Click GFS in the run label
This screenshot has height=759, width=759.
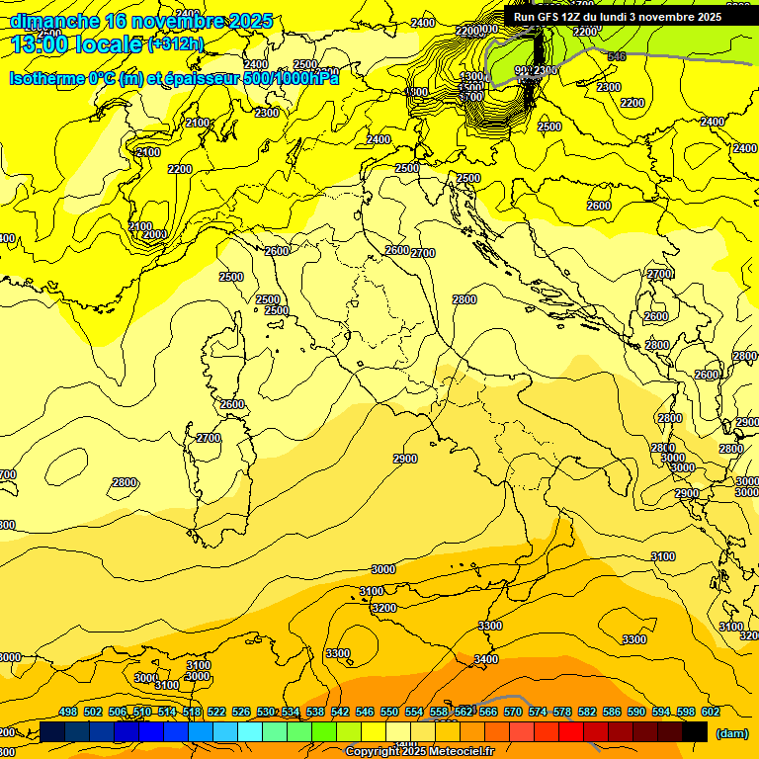pos(549,17)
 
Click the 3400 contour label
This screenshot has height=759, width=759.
pos(486,659)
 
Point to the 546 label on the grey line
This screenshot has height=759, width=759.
pos(617,57)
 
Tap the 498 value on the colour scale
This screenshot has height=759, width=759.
pos(68,712)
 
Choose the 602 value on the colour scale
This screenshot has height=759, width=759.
pos(711,712)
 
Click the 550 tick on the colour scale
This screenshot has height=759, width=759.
pos(389,712)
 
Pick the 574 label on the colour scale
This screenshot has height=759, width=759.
pos(538,712)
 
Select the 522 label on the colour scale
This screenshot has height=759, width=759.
pos(216,712)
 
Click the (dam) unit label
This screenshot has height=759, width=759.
pos(732,733)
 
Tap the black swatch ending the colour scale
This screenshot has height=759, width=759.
pos(695,732)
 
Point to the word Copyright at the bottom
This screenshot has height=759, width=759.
pos(371,752)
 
